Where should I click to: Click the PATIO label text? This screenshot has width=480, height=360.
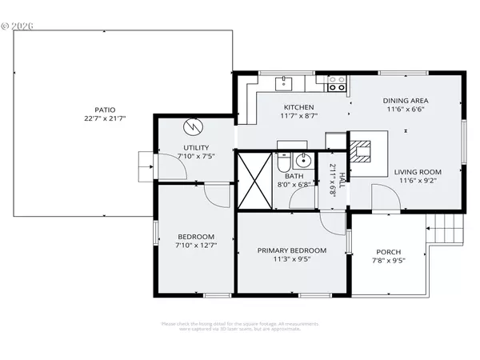(105, 109)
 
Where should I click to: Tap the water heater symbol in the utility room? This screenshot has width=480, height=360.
(193, 127)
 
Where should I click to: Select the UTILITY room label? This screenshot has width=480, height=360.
(196, 147)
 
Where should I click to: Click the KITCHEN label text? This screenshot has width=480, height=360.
(298, 107)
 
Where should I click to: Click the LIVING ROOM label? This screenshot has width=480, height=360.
(417, 171)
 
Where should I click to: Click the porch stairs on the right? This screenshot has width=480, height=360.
(446, 230)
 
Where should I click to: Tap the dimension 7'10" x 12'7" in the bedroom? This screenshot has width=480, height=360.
(196, 246)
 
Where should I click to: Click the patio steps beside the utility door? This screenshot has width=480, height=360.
(146, 166)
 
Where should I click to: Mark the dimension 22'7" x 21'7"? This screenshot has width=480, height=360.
(105, 118)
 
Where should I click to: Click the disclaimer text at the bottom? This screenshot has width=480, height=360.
(240, 326)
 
